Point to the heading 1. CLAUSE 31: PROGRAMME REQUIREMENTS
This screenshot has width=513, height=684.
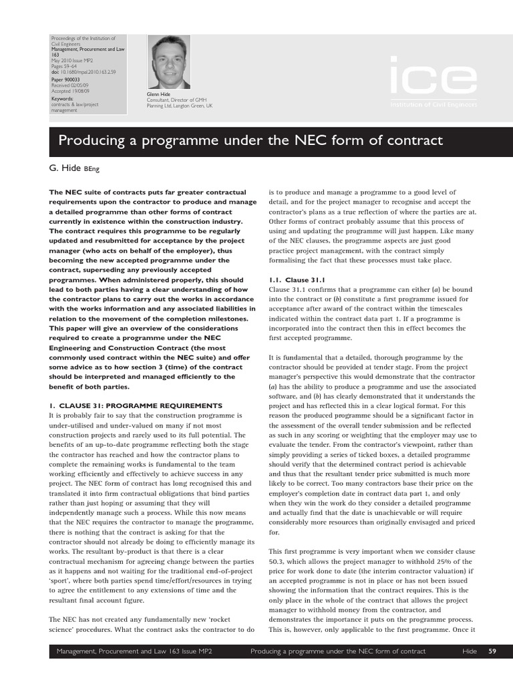[x=136, y=405]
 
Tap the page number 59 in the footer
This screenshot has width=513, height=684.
[x=492, y=651]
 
